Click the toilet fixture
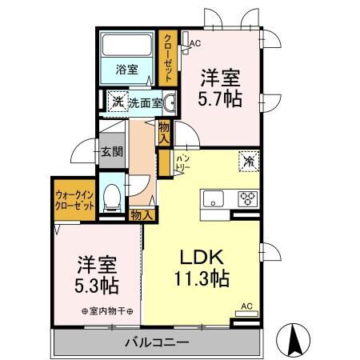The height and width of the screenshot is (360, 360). pos(114,195)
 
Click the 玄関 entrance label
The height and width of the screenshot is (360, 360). pos(111,152)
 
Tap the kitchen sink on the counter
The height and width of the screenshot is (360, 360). pos(214,198)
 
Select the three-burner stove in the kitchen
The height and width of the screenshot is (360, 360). pos(248,198)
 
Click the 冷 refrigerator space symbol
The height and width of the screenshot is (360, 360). pos(248,162)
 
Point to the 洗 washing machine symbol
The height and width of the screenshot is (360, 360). pos(117,102)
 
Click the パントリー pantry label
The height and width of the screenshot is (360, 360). pos(182,163)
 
